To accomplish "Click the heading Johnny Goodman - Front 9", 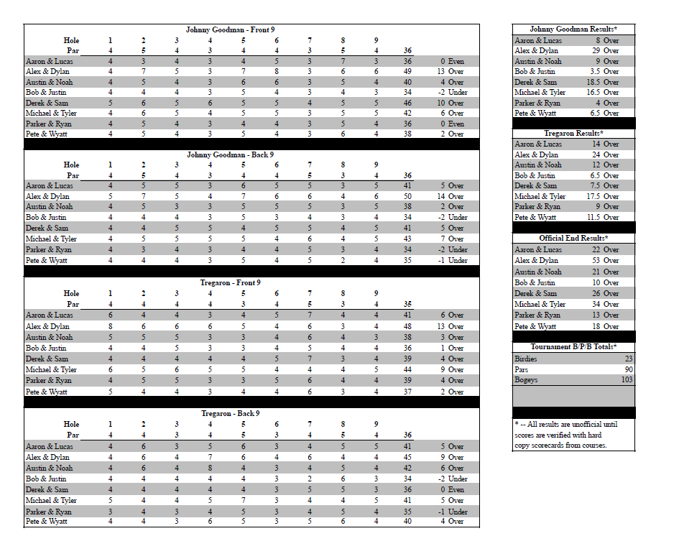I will [230, 29].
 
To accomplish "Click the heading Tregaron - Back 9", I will [230, 413].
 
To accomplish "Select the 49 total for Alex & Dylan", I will [407, 72].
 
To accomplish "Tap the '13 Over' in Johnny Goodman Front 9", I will [451, 72].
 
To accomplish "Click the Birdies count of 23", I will [628, 358].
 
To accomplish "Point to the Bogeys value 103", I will [627, 379].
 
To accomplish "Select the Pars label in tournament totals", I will [521, 369].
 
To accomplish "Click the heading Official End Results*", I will [573, 238].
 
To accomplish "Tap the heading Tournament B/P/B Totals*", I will [573, 347].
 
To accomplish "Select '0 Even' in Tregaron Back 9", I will [453, 489].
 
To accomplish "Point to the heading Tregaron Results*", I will [573, 134].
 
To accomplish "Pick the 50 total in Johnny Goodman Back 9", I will [407, 196].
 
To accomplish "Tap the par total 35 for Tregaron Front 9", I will [407, 304].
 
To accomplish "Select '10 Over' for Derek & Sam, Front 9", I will [451, 103].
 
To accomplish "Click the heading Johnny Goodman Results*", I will [573, 29].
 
